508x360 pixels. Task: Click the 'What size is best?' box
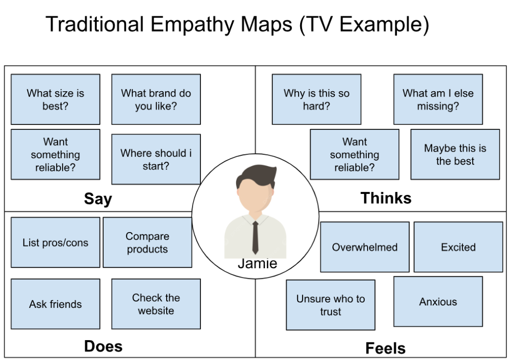point(56,99)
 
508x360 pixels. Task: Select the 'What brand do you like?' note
point(156,99)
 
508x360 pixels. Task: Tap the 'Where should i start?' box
point(156,159)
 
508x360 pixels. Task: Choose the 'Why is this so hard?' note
point(317,99)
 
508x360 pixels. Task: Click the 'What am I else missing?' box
point(438,99)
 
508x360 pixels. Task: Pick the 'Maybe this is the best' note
point(455,154)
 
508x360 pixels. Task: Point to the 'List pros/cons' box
point(56,242)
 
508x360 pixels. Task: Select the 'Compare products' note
point(147,242)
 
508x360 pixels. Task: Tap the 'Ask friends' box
point(56,304)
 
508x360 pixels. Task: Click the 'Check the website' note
point(156,304)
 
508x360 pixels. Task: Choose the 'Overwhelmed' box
point(365,247)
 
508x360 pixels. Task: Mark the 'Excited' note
point(458,247)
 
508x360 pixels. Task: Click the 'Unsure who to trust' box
point(330,305)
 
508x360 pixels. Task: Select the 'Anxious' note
point(438,301)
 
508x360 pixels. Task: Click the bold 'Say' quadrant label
point(98,199)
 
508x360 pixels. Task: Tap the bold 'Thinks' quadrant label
point(386,198)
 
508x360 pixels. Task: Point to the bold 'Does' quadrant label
point(103,346)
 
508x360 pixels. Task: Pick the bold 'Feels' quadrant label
point(385,348)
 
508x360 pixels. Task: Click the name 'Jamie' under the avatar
point(257,263)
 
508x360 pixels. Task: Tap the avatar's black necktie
point(255,236)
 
